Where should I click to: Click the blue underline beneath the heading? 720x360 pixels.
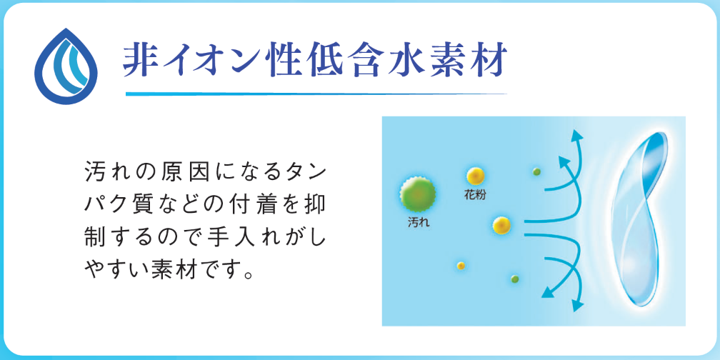pyautogui.click(x=316, y=94)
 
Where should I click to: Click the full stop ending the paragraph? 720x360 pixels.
pyautogui.click(x=249, y=276)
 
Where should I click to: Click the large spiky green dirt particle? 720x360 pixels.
pyautogui.click(x=417, y=194)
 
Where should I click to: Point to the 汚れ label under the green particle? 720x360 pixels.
pyautogui.click(x=418, y=224)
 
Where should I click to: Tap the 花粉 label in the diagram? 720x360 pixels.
pyautogui.click(x=475, y=195)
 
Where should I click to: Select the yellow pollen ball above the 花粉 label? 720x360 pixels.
pyautogui.click(x=476, y=176)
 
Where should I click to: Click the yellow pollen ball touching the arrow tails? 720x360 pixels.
pyautogui.click(x=502, y=224)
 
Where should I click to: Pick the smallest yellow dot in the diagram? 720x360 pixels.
pyautogui.click(x=461, y=266)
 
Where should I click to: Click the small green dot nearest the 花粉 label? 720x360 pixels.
pyautogui.click(x=536, y=171)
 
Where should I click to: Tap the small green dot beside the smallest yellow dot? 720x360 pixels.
pyautogui.click(x=515, y=279)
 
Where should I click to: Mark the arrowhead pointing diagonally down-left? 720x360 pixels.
pyautogui.click(x=548, y=292)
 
